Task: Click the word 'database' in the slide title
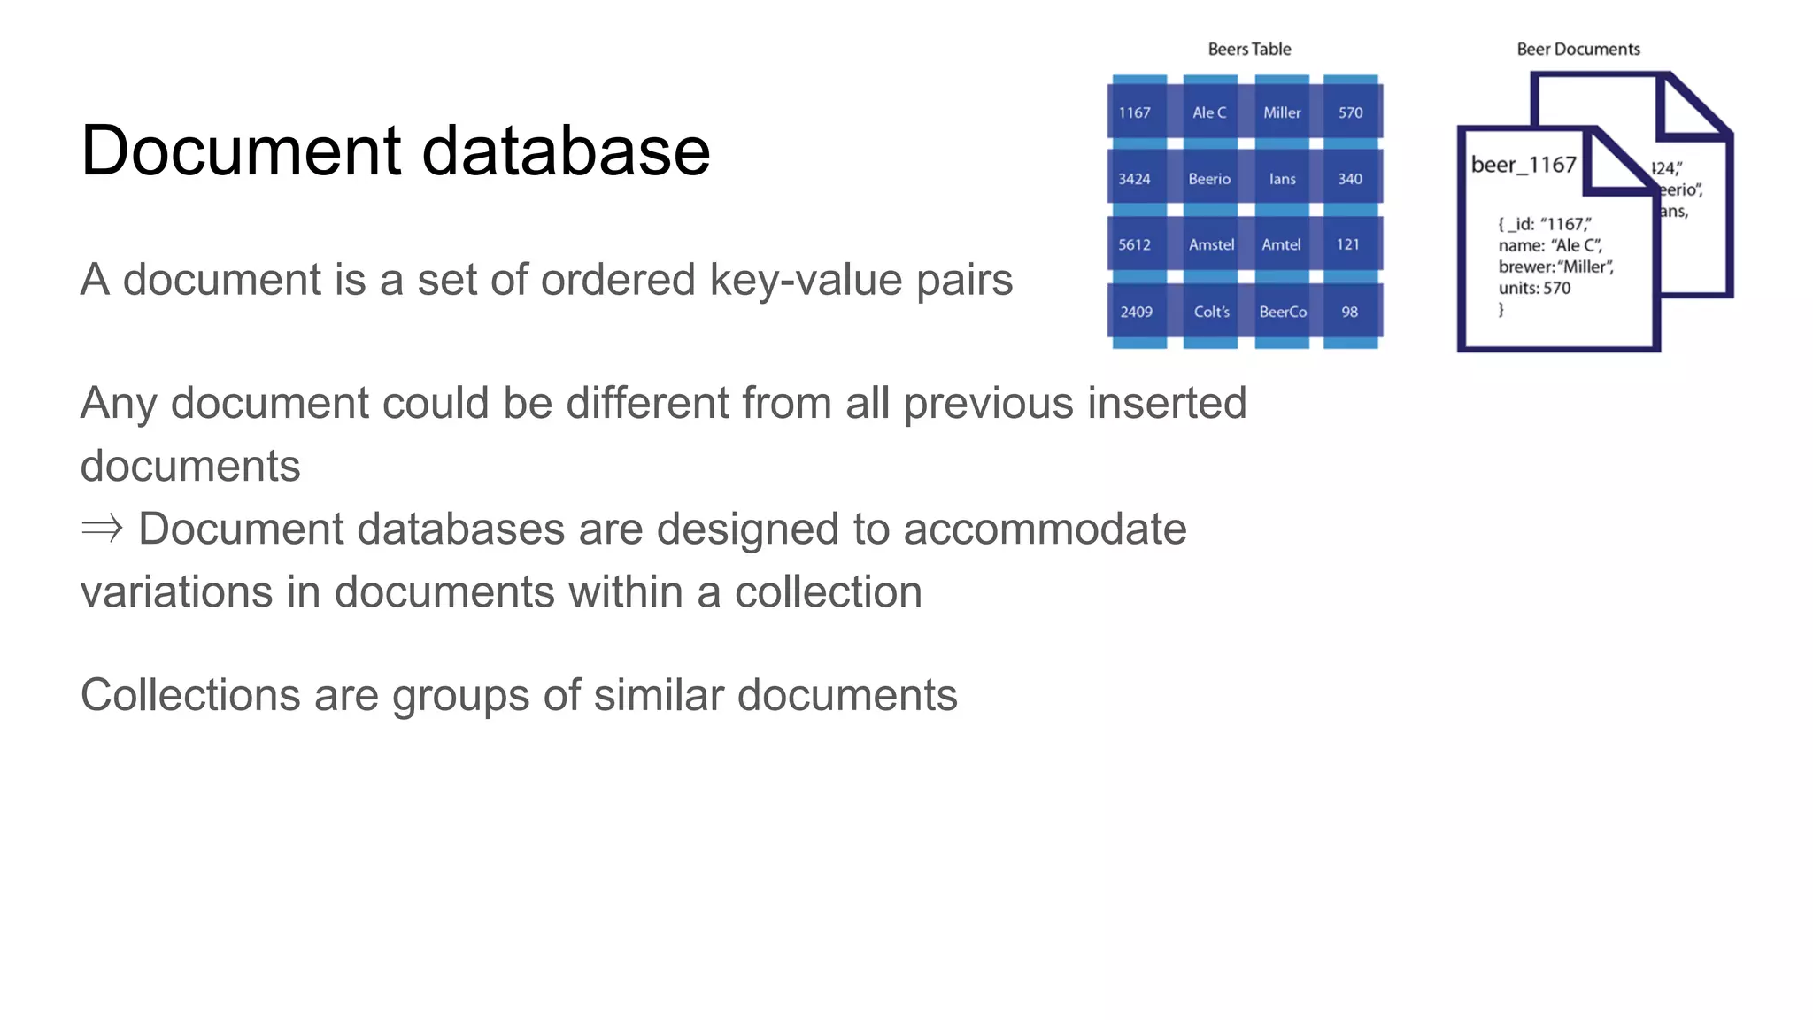566,151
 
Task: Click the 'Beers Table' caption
1249,50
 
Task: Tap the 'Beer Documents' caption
1578,50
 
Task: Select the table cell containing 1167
1135,112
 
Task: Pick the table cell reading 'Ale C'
1209,112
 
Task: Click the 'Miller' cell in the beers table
1282,112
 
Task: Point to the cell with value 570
1350,112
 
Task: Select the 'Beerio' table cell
1209,179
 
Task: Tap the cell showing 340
1350,179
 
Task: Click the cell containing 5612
1135,244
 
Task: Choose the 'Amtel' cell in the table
1281,244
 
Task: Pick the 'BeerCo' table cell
1283,312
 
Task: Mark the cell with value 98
1350,312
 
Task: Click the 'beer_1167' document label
1524,165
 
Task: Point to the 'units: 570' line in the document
1534,288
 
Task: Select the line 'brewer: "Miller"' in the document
1555,267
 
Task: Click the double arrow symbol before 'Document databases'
102,529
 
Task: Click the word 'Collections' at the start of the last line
190,695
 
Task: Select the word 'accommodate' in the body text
1045,529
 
